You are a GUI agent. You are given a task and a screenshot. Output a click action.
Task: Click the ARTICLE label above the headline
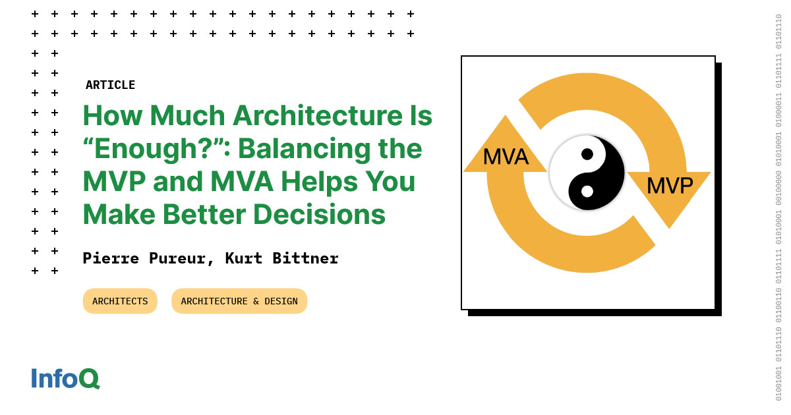coord(110,85)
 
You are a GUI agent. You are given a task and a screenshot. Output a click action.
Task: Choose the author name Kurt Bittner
coord(281,258)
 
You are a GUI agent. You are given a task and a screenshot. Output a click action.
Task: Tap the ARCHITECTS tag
coord(120,301)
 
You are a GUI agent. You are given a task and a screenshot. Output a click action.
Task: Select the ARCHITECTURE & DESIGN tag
coord(239,301)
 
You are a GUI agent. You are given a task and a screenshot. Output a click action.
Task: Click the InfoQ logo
coord(65,379)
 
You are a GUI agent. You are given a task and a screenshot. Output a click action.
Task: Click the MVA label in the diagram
coord(506,157)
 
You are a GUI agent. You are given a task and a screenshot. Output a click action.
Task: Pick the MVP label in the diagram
coord(669,186)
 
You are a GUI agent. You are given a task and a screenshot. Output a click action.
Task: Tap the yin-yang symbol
coord(587,173)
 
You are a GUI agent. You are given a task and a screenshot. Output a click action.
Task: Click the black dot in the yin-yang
coord(587,154)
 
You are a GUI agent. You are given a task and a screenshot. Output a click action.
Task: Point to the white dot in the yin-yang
coord(587,191)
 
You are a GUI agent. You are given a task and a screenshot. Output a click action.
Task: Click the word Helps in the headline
coord(320,182)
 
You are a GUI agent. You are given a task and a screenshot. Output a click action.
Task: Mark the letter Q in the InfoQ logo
coord(88,379)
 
